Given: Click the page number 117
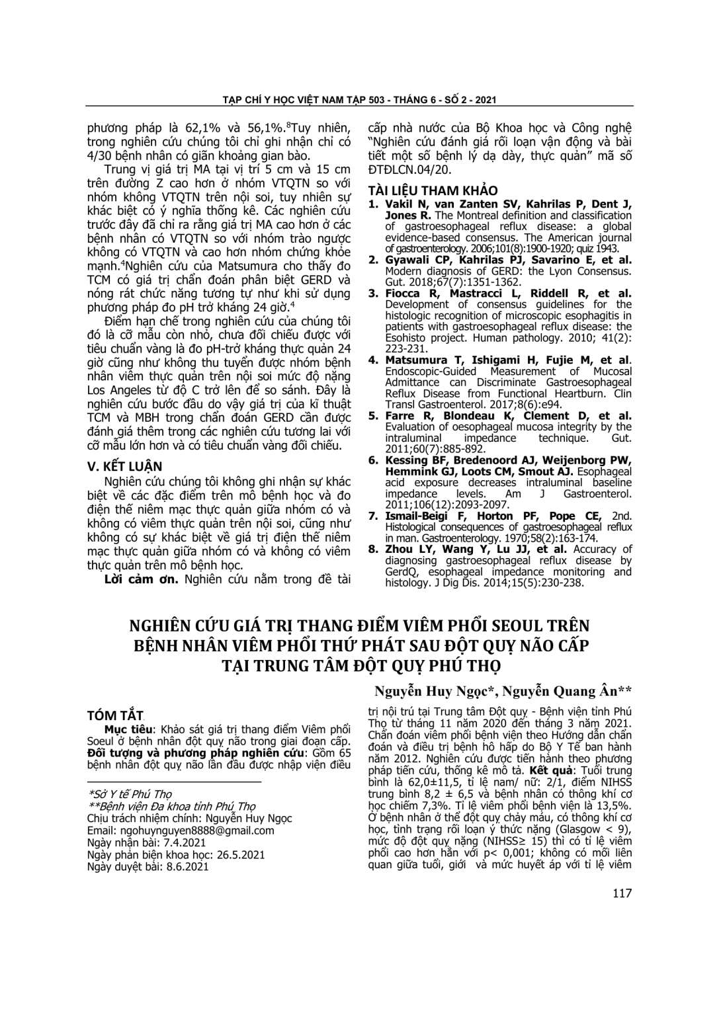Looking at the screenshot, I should [x=622, y=893].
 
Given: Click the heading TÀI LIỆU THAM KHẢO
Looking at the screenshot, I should [x=433, y=190].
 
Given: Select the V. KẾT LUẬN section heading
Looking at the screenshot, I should [x=125, y=466].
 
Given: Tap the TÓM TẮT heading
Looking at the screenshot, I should [x=115, y=715].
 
